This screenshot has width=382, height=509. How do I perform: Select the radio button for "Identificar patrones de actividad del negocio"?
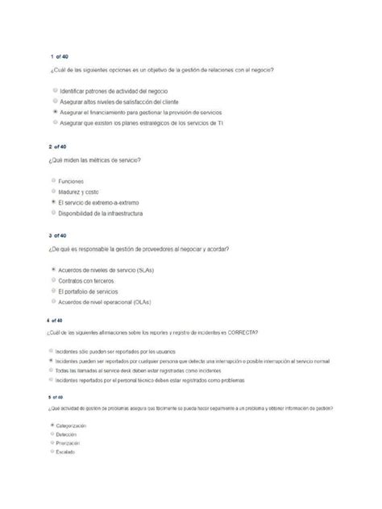[x=54, y=92]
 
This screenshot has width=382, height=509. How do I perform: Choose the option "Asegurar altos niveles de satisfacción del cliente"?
[x=54, y=102]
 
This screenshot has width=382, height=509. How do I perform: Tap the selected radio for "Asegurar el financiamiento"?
[x=54, y=113]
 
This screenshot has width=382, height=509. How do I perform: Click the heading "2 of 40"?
[x=59, y=147]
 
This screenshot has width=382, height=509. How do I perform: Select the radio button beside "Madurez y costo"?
[x=54, y=192]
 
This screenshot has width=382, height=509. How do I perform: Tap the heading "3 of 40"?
[x=59, y=237]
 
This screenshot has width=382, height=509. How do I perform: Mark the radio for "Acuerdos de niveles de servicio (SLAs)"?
[x=54, y=270]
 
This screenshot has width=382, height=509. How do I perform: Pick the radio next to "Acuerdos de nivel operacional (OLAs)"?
[x=54, y=301]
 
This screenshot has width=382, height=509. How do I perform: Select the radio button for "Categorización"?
[x=52, y=424]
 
